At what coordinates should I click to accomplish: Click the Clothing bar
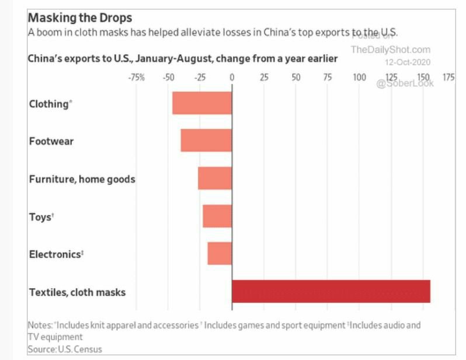(x=202, y=103)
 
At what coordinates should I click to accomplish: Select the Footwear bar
(x=206, y=141)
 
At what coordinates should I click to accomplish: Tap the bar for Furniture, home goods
(x=215, y=178)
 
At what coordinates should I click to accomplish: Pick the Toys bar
(x=217, y=216)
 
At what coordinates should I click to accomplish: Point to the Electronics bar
(x=220, y=253)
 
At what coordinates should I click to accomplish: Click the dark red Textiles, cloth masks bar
(x=331, y=291)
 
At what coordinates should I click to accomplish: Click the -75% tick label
(x=136, y=77)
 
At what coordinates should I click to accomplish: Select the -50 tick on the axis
(x=168, y=77)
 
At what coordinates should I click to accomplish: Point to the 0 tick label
(x=232, y=77)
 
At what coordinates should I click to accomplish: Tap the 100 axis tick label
(x=359, y=77)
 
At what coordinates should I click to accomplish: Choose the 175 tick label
(x=448, y=77)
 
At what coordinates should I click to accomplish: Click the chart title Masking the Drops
(x=80, y=18)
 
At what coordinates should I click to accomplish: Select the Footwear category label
(x=51, y=141)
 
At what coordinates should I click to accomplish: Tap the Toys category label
(x=41, y=217)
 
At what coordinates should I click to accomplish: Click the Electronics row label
(x=56, y=254)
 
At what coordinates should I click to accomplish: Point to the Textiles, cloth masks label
(x=77, y=292)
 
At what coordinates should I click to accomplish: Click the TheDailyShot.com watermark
(x=391, y=50)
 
